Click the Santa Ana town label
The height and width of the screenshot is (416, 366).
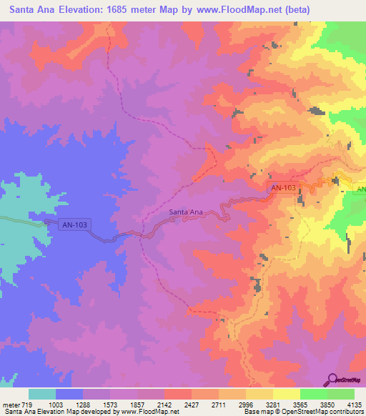click(x=186, y=212)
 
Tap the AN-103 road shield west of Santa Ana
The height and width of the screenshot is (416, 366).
click(x=75, y=224)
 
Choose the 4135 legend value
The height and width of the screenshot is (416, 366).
click(x=354, y=404)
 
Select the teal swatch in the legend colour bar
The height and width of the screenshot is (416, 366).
click(x=42, y=394)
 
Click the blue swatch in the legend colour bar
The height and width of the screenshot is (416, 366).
click(x=69, y=394)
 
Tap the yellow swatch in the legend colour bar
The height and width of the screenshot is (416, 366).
click(x=286, y=394)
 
